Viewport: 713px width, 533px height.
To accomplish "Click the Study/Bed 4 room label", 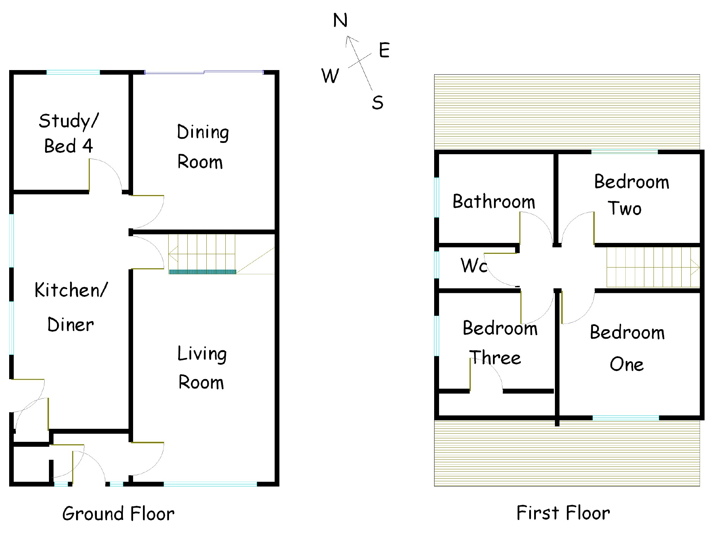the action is point(68,133).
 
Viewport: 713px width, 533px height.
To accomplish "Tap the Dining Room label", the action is point(203,147).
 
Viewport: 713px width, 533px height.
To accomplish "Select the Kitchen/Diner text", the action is point(71,307).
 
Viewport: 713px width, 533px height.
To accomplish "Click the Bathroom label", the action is point(494,201).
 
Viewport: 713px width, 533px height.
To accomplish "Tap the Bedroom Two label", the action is point(632,195).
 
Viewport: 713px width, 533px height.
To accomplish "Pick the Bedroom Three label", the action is point(500,343).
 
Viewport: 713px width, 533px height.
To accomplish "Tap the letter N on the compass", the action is point(340,20).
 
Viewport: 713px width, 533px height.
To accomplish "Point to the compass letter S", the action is point(377,102).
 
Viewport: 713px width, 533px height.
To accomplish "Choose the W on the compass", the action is point(330,75).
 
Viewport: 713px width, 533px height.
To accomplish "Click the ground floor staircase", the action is point(202,254).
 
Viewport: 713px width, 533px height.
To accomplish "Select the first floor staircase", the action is point(653,267).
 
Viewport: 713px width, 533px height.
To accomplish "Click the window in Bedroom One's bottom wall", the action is point(626,418).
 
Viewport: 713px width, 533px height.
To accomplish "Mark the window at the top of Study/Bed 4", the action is point(73,72).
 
